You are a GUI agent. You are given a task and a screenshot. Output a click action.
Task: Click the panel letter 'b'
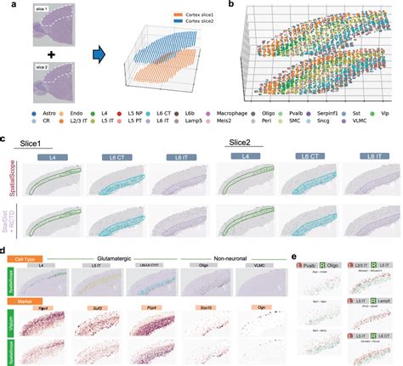220,5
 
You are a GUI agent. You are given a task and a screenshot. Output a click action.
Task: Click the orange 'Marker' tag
24,300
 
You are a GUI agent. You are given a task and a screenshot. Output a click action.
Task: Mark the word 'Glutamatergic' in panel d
125,257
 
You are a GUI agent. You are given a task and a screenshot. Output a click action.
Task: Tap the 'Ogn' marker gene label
256,311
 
